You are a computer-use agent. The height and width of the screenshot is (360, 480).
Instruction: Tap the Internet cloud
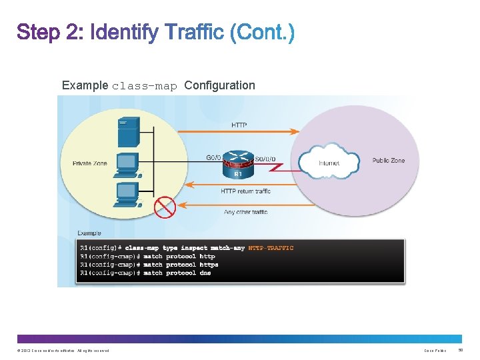328,163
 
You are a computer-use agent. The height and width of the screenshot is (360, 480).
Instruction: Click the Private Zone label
91,163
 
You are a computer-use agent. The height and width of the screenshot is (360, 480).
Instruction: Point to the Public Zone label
388,161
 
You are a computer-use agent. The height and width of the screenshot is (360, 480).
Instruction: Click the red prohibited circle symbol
164,207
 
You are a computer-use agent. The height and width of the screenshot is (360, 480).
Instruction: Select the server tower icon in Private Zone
128,131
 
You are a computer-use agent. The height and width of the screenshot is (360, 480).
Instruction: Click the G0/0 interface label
214,158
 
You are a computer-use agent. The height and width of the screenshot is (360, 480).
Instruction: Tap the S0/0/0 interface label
265,158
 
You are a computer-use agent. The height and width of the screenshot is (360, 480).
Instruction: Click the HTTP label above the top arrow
239,125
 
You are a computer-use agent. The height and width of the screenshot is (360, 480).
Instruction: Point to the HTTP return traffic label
245,191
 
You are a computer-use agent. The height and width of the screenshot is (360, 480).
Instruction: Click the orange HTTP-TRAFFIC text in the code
271,248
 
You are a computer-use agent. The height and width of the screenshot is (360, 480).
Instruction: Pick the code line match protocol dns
145,273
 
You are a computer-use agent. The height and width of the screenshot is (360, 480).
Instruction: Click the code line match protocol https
149,265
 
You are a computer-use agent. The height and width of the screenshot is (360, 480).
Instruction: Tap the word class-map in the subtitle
145,86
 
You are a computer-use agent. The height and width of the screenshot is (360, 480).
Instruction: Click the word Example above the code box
89,233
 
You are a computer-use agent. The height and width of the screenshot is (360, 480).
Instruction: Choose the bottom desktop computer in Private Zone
127,193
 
